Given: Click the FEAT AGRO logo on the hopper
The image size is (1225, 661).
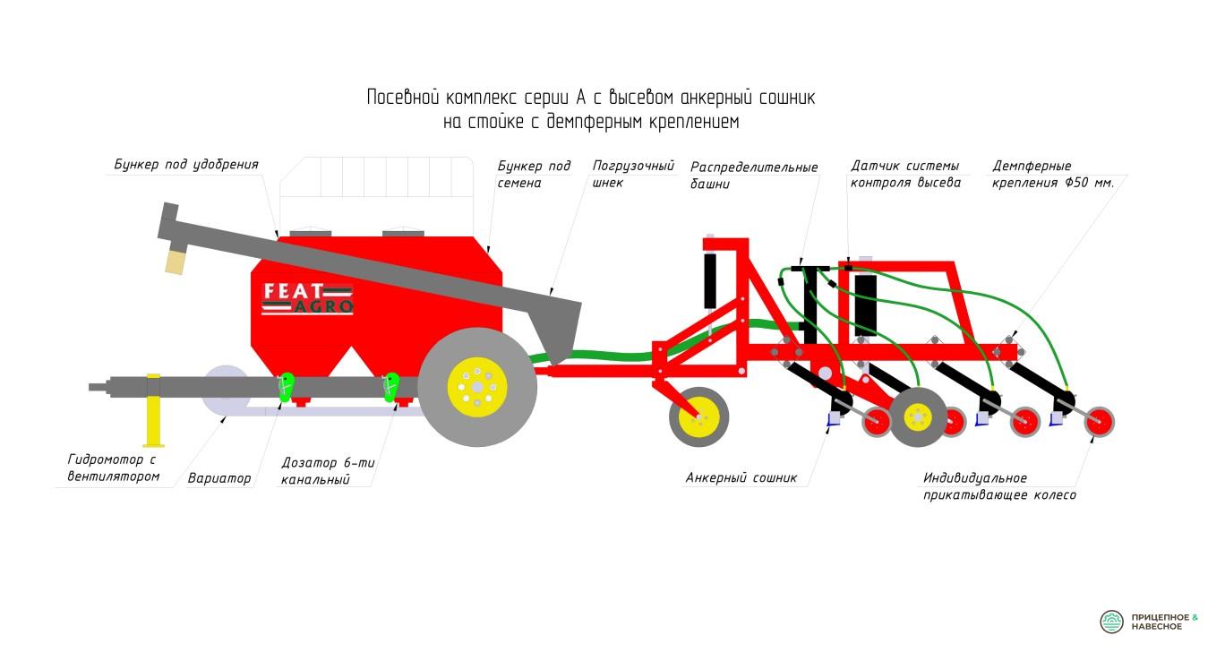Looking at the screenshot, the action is click(307, 298).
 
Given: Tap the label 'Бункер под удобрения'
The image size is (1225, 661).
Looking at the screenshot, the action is click(186, 164).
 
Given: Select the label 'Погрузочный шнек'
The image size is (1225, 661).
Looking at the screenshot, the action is click(633, 174).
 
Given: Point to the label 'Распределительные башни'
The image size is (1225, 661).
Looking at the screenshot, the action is click(754, 175).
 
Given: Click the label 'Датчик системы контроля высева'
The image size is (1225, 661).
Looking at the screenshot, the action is click(905, 174).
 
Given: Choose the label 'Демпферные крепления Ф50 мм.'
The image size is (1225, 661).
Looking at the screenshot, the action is click(1053, 174).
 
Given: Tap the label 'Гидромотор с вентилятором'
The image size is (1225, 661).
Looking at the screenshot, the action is click(113, 468).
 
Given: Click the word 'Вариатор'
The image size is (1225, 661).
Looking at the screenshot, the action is click(218, 478).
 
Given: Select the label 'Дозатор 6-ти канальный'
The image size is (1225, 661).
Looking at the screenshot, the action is click(328, 470).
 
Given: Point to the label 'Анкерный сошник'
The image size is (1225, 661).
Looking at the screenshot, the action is click(741, 477).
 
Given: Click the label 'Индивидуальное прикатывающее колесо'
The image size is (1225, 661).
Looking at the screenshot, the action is click(999, 486).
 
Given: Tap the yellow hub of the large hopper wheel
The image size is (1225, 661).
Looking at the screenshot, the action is click(477, 387).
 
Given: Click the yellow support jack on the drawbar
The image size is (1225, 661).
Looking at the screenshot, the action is click(153, 410).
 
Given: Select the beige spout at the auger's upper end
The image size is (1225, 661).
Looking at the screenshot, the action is click(176, 261).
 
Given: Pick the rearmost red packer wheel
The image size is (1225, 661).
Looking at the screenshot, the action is click(1100, 422).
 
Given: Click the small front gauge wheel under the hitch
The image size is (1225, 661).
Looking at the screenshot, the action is click(698, 417).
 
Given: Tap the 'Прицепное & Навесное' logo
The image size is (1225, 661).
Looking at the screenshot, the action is click(1148, 622).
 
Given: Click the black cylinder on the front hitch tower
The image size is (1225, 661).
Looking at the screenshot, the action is click(710, 280).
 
